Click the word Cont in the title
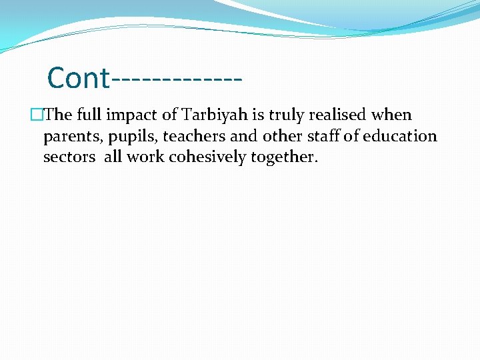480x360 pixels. tap(78, 78)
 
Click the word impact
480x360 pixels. tap(137, 115)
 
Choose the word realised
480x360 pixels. tap(365, 115)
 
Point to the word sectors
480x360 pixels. tap(69, 157)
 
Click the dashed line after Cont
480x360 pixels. tap(177, 79)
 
